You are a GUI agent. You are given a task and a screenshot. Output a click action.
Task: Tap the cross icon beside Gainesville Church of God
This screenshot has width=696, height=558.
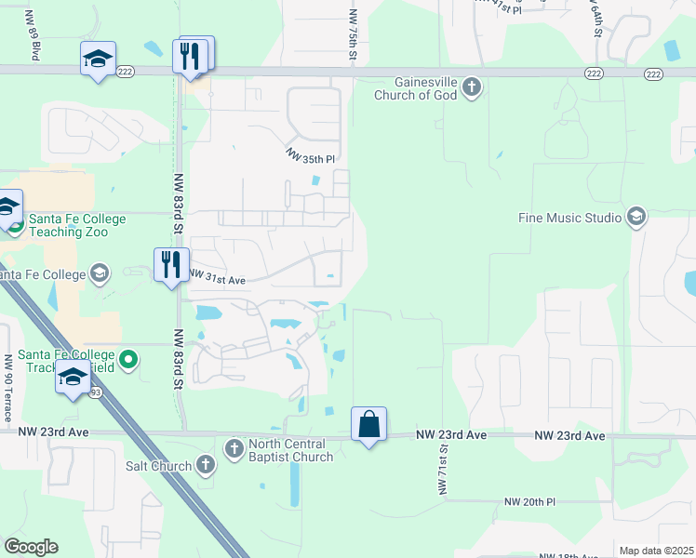[472, 88]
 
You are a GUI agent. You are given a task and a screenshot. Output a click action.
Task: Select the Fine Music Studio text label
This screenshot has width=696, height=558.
[570, 219]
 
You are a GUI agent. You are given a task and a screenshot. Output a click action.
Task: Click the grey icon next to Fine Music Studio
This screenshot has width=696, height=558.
[636, 218]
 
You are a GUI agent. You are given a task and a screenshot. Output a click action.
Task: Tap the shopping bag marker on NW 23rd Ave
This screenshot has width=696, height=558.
[369, 424]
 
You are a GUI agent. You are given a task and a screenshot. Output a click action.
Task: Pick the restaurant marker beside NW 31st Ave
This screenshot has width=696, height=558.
[171, 265]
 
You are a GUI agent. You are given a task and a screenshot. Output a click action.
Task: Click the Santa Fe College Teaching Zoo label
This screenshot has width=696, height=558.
[77, 225]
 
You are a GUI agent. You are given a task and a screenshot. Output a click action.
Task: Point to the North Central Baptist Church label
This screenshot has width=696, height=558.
[290, 450]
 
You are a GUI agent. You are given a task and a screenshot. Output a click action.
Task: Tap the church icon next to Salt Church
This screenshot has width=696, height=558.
[206, 465]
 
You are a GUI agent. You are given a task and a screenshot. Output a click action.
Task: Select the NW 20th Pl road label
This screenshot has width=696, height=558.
[529, 501]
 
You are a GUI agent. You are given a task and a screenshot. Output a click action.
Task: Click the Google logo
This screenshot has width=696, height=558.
[32, 547]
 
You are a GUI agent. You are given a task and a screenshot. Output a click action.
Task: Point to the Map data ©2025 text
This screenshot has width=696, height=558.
[656, 551]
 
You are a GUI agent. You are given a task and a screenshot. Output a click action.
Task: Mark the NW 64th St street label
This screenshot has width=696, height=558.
[596, 18]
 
